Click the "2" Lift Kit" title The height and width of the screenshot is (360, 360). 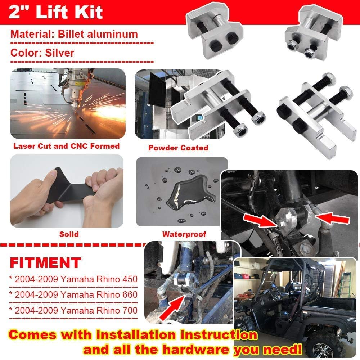click(x=56, y=12)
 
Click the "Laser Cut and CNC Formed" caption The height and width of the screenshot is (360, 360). click(x=67, y=146)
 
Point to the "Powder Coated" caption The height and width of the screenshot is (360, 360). click(x=178, y=148)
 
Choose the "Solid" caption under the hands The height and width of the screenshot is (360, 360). click(x=69, y=234)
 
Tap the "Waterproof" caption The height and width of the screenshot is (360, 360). click(x=184, y=234)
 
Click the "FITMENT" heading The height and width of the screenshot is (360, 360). click(x=45, y=263)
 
